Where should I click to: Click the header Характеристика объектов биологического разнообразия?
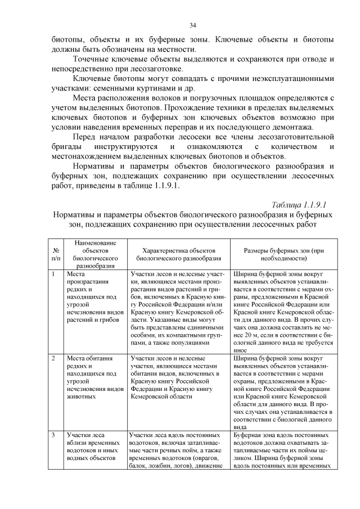179,254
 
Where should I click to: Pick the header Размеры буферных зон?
283,254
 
